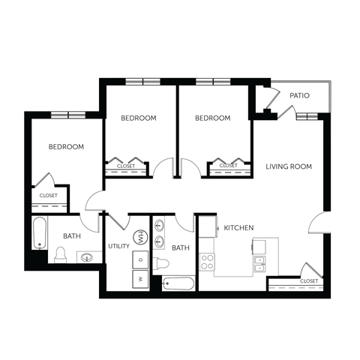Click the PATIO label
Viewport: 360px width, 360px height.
coord(300,96)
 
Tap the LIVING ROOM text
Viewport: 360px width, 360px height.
coord(289,166)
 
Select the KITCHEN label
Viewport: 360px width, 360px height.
coord(238,227)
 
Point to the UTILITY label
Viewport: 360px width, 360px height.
coord(119,246)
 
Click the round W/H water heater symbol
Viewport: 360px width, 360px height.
coord(139,239)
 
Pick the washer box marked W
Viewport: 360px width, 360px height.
coord(140,277)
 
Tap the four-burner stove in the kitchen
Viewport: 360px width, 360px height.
coord(207,262)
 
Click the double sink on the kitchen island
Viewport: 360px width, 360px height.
coord(259,263)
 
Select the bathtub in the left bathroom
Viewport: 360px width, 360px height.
coord(39,232)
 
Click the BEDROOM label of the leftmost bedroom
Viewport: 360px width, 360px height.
coord(66,147)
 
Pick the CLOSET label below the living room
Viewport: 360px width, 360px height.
coord(308,281)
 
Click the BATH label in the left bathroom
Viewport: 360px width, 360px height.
coord(72,236)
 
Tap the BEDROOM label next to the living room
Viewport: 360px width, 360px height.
coord(213,118)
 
